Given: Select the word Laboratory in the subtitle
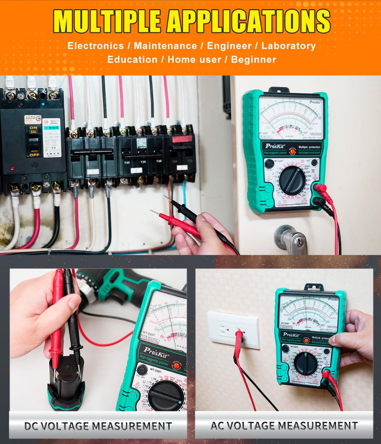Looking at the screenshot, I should pyautogui.click(x=289, y=46).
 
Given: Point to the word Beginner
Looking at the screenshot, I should pyautogui.click(x=253, y=60).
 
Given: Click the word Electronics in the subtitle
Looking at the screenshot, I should pyautogui.click(x=95, y=46).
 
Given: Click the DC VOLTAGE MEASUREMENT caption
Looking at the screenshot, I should pyautogui.click(x=98, y=426).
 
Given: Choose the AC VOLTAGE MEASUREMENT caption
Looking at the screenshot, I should pyautogui.click(x=284, y=426).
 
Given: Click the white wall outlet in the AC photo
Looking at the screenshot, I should pyautogui.click(x=233, y=329).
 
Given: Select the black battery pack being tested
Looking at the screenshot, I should pyautogui.click(x=67, y=381).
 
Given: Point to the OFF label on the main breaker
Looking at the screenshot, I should pyautogui.click(x=34, y=155).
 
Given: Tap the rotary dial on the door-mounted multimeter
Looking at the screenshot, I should pyautogui.click(x=292, y=180).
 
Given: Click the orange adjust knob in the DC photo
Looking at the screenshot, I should pyautogui.click(x=177, y=366).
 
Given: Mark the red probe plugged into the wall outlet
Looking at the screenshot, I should pyautogui.click(x=239, y=339).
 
